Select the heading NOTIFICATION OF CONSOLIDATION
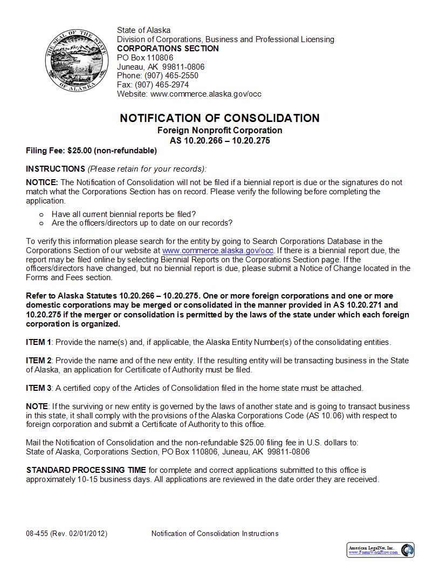[x=219, y=118]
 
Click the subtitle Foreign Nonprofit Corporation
[x=219, y=131]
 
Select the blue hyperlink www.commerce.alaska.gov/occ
[x=218, y=250]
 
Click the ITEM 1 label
[x=39, y=342]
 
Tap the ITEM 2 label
[x=39, y=361]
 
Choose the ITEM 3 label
[x=39, y=388]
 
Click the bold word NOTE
[x=37, y=406]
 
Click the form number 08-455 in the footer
[x=37, y=534]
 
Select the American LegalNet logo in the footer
[x=380, y=550]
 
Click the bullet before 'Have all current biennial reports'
[x=42, y=214]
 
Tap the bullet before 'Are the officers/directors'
[x=42, y=223]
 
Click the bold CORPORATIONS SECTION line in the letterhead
[x=168, y=49]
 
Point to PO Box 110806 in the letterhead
[x=145, y=58]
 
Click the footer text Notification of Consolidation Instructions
[x=215, y=534]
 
